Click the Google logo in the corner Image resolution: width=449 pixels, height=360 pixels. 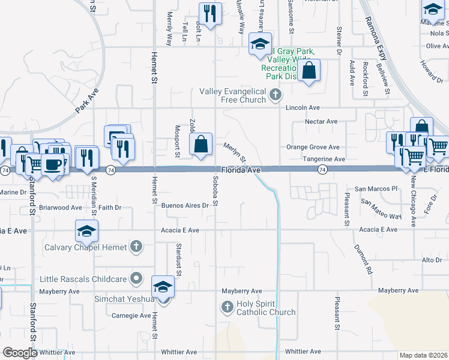coord(20,353)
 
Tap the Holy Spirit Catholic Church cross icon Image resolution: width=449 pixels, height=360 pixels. coord(227,307)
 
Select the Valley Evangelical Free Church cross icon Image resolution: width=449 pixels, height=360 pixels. coord(275,95)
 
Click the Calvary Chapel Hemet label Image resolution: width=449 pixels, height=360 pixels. coord(84,247)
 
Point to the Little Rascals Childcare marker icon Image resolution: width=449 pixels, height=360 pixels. coord(137,278)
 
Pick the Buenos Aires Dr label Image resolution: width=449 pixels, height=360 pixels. coord(185,205)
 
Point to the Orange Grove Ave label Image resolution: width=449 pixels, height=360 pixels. coord(313,147)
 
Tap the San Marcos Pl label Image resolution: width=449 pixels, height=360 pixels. coord(376,188)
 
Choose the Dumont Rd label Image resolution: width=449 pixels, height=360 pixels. coord(363,260)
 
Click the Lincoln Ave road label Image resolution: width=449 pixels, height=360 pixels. coord(303,107)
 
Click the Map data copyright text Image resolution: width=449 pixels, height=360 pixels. coord(423,355)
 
